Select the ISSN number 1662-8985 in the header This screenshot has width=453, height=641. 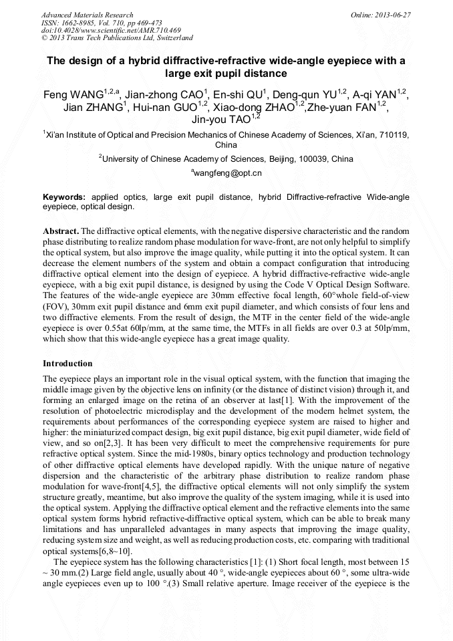tap(75, 22)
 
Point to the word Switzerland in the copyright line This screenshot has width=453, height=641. tap(172, 38)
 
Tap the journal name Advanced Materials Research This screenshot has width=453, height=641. tap(87, 15)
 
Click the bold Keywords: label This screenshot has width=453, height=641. tap(64, 198)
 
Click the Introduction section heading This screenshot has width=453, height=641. tap(67, 364)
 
